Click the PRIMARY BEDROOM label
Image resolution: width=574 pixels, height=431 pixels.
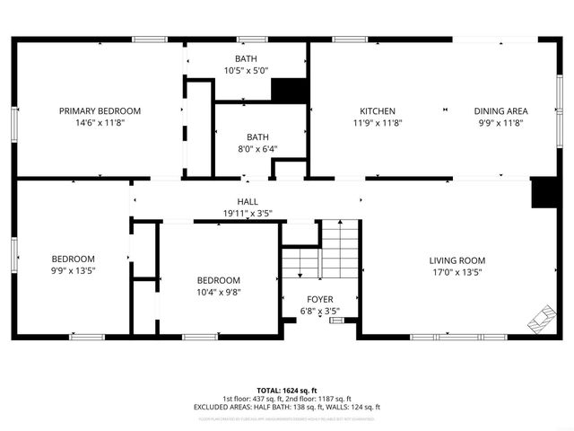tap(100, 110)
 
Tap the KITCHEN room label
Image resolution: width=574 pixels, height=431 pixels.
tap(378, 110)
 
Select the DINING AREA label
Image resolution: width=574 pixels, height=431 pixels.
tap(500, 110)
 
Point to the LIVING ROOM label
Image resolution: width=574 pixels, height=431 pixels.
tap(457, 259)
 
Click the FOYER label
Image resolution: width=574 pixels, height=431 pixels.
tap(319, 299)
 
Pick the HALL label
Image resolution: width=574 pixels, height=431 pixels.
tap(248, 201)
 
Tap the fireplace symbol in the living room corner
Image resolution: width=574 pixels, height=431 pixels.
tap(541, 317)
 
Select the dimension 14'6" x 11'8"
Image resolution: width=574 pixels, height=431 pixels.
tap(100, 123)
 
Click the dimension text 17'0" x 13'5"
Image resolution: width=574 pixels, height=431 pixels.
tap(457, 272)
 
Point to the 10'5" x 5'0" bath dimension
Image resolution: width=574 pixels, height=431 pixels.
tap(245, 70)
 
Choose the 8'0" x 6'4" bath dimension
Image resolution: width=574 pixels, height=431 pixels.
tap(245, 149)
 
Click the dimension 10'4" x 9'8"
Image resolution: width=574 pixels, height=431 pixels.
tap(219, 292)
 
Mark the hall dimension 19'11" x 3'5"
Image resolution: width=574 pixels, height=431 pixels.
tap(248, 213)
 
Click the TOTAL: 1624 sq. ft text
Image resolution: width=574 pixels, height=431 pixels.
tap(287, 391)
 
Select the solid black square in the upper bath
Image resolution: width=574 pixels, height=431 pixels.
tap(289, 91)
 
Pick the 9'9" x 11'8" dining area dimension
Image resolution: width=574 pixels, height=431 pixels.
tap(500, 123)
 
